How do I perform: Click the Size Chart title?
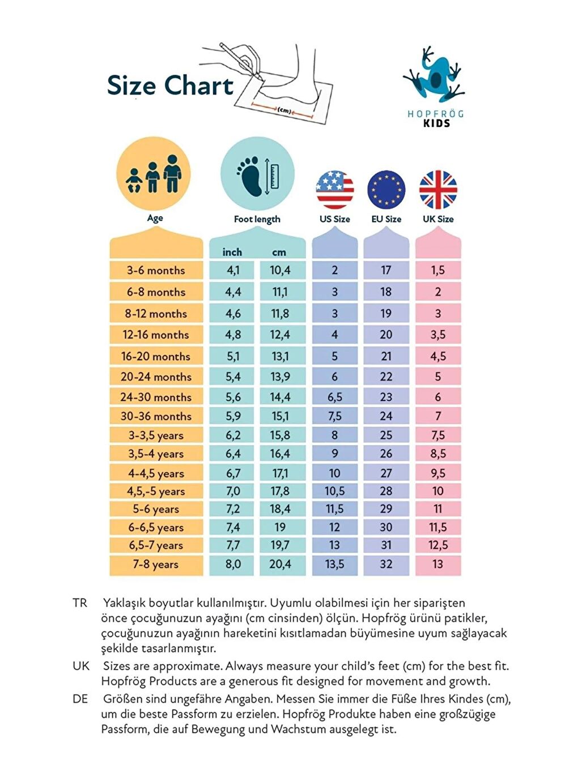170,86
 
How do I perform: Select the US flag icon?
334,190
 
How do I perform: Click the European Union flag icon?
386,190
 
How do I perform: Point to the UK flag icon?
438,190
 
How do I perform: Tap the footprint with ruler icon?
257,174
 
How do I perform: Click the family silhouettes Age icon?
154,174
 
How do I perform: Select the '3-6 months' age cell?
156,271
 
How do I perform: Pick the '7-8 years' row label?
156,564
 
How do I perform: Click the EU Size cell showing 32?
386,564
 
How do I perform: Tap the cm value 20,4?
280,564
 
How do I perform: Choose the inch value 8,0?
233,564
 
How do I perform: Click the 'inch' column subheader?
232,253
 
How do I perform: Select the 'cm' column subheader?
279,253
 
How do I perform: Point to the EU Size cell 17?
386,271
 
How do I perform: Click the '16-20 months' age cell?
156,357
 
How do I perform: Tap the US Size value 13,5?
334,564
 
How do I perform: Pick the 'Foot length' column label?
257,219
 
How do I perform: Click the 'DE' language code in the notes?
80,699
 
